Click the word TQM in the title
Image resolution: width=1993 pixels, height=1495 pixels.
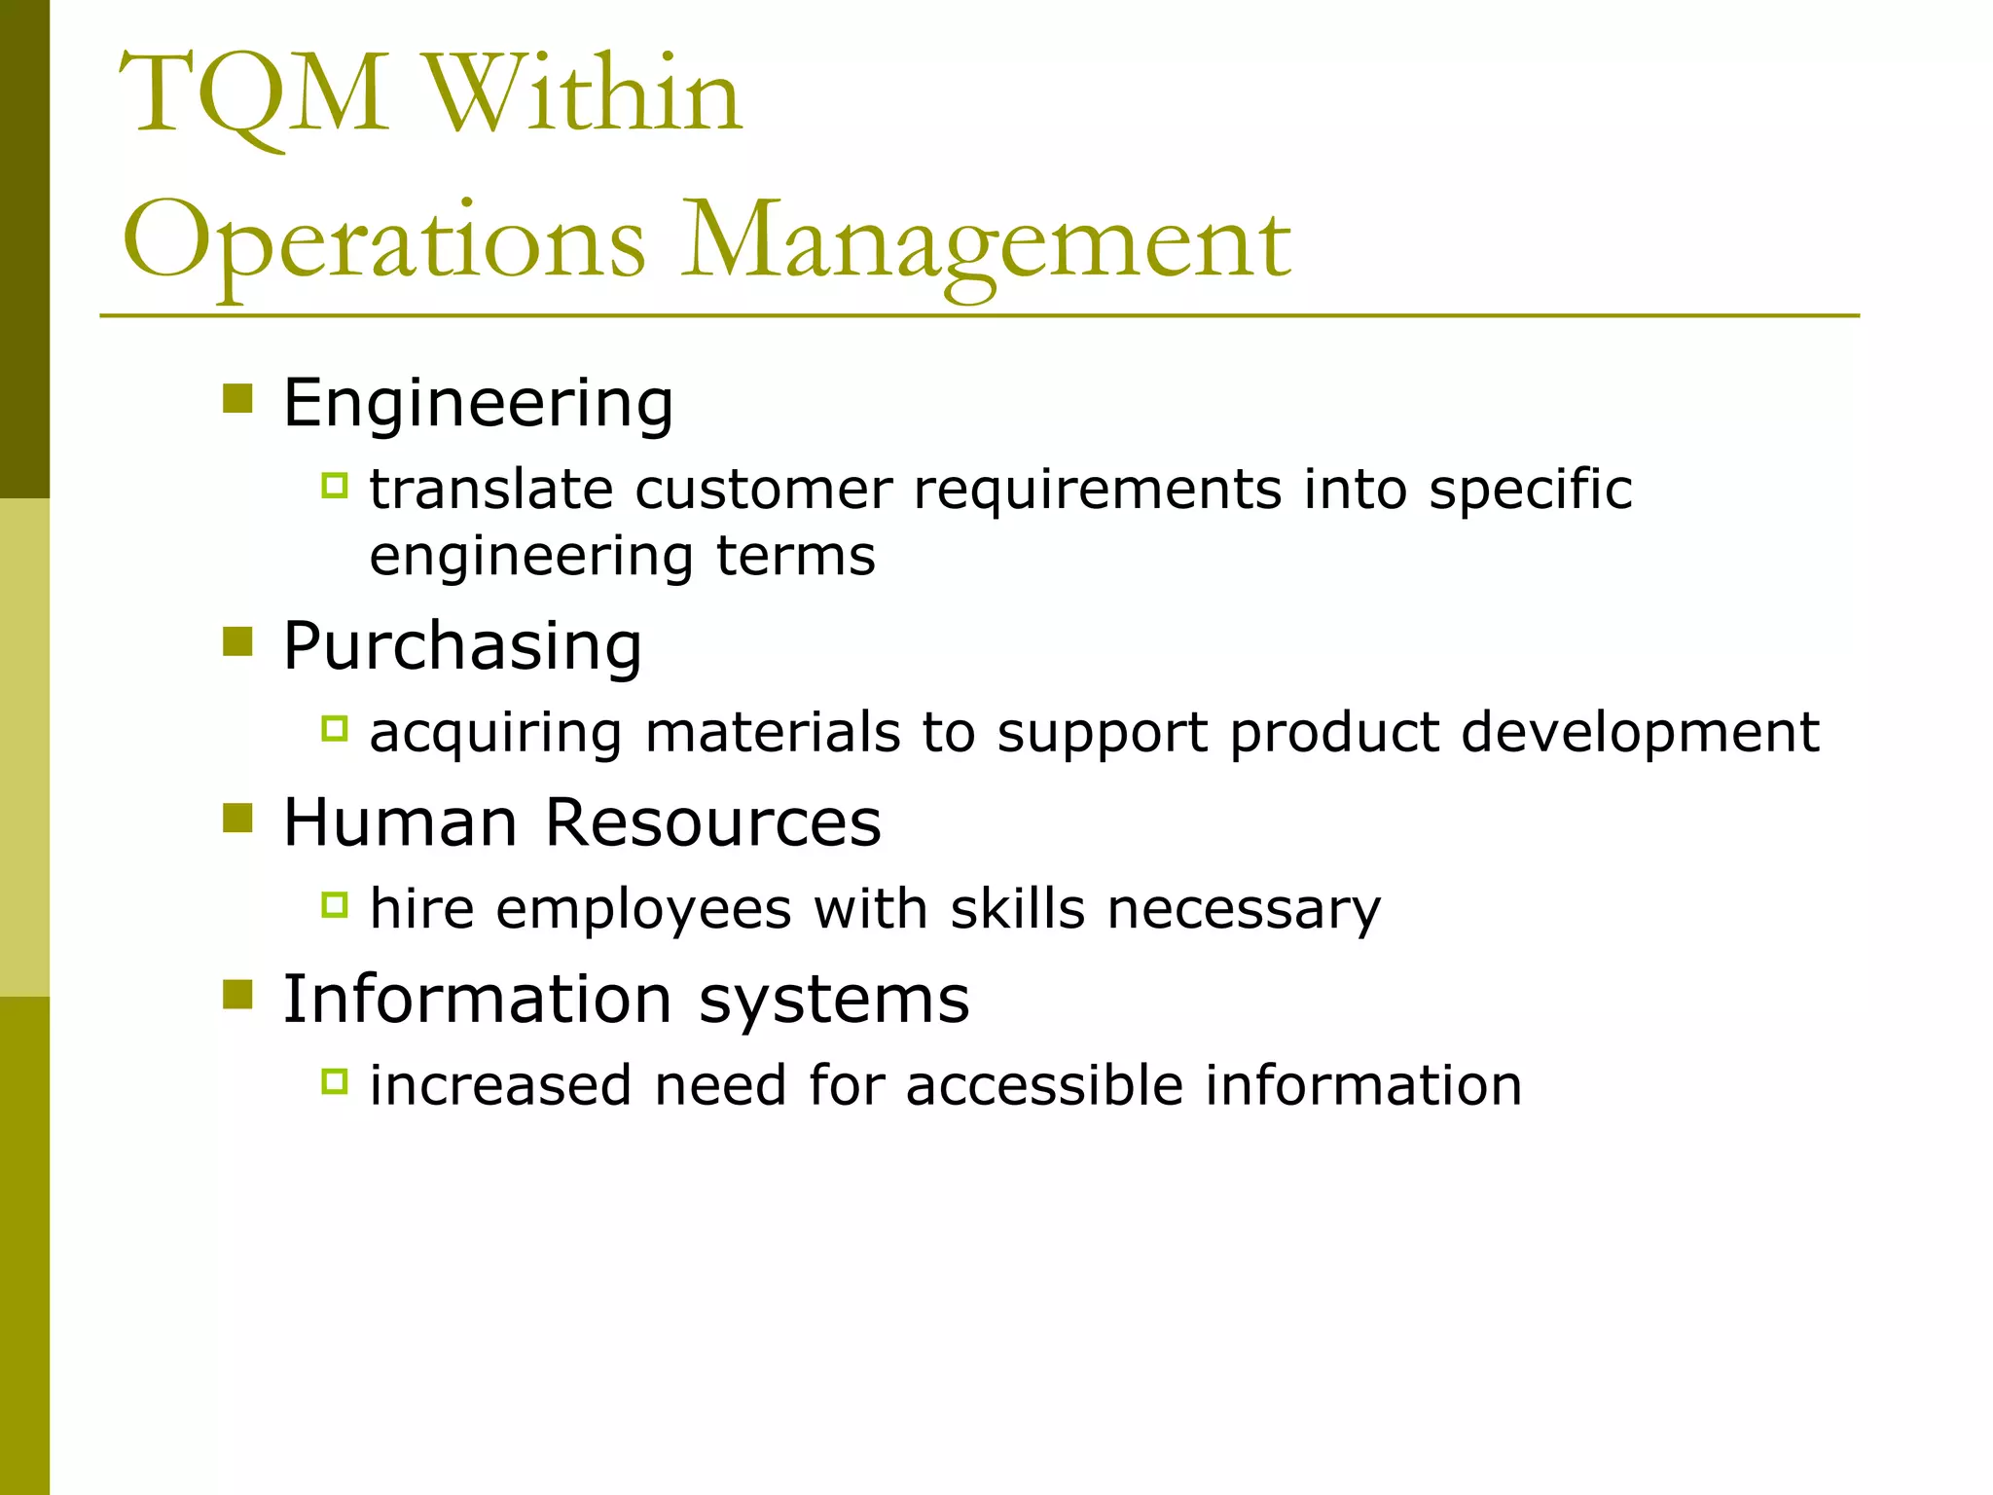coord(255,95)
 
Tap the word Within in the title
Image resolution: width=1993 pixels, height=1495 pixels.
coord(581,95)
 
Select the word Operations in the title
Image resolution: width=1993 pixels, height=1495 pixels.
coord(383,241)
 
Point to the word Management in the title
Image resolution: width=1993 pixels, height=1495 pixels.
coord(986,241)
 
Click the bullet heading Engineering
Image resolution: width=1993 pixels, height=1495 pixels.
coord(478,403)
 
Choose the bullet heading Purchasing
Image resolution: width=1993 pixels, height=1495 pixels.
coord(462,646)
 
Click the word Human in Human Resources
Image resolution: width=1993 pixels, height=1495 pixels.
coord(400,822)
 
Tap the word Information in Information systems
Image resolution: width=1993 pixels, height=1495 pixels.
coord(477,1000)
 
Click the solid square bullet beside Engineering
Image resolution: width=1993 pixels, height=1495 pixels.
coord(237,399)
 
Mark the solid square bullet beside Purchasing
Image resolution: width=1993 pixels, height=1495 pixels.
coord(237,641)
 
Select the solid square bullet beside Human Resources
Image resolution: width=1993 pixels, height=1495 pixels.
coord(237,819)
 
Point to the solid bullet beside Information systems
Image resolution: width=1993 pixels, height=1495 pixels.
coord(237,995)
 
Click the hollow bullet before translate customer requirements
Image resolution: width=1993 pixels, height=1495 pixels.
coord(334,485)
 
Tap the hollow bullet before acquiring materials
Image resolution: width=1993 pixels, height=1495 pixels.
coord(334,728)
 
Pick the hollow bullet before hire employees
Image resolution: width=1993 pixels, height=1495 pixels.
coord(334,905)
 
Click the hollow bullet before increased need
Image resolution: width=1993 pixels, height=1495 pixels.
coord(334,1081)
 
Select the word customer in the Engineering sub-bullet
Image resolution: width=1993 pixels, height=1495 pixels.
coord(763,490)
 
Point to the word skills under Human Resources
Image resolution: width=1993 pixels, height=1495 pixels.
coord(1017,909)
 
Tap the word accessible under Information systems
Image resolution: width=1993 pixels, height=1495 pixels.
coord(1044,1085)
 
